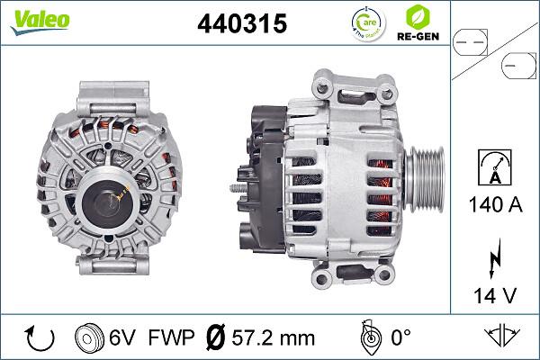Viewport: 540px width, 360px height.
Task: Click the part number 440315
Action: (x=241, y=24)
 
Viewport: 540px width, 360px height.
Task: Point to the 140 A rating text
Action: (x=496, y=204)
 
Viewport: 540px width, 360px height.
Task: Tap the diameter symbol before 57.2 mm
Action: (x=217, y=338)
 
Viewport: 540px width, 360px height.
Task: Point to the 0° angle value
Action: (x=401, y=338)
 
